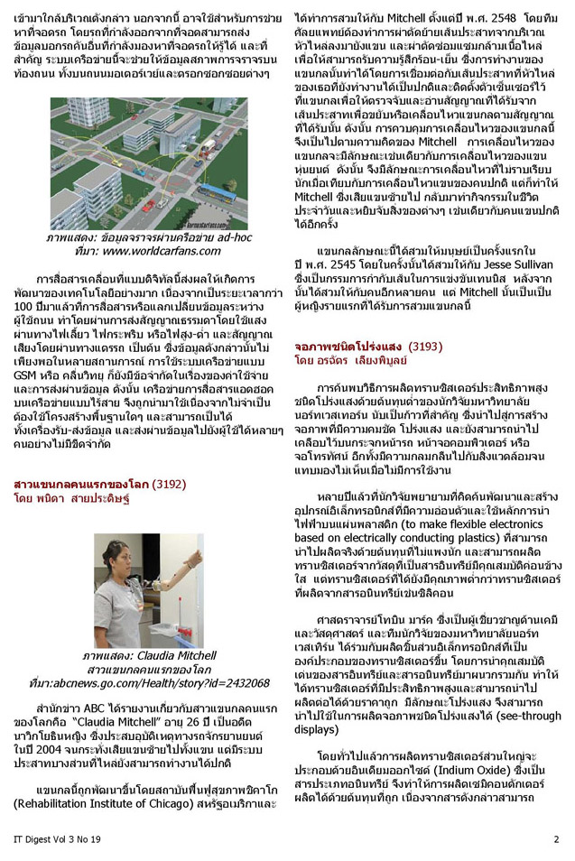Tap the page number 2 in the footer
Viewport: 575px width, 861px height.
556,838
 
